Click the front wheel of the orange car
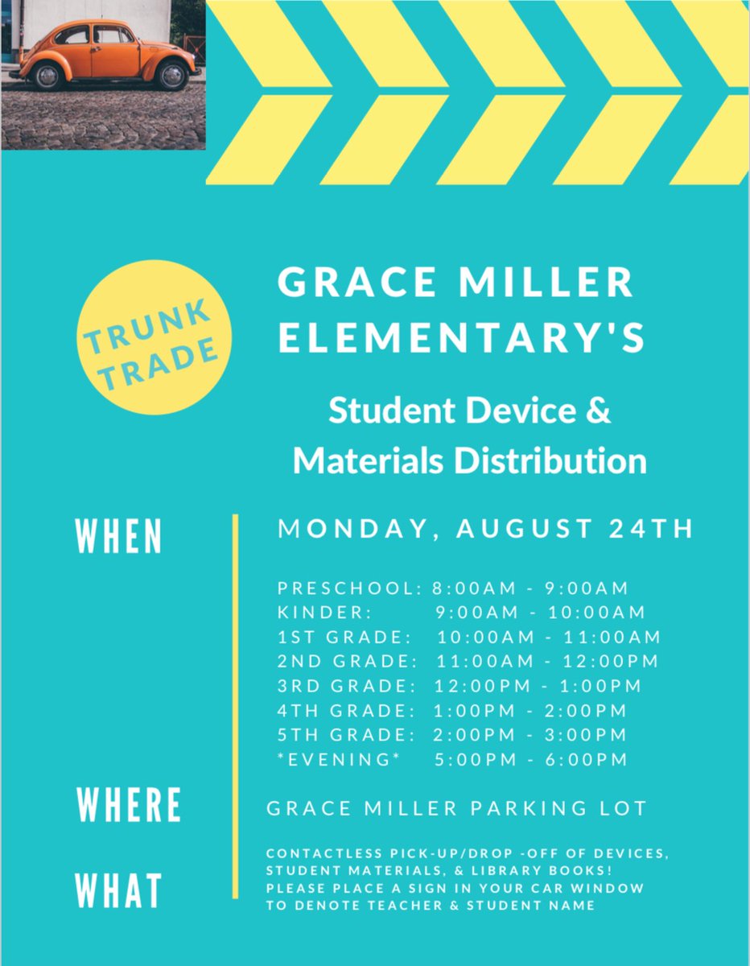click(x=171, y=76)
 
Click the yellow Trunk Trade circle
click(x=153, y=339)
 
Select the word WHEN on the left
click(x=119, y=536)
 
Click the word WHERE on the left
click(x=129, y=806)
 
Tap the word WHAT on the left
click(x=119, y=891)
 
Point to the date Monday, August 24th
click(x=485, y=530)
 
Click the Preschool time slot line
click(x=453, y=588)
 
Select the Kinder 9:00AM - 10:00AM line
click(x=461, y=613)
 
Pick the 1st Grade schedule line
click(x=468, y=638)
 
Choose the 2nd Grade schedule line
click(x=468, y=662)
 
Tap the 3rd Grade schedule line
click(x=459, y=687)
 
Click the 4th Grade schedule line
click(x=451, y=711)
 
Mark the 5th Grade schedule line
click(x=451, y=735)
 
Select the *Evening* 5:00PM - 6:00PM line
click(x=451, y=759)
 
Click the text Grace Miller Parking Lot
click(x=456, y=808)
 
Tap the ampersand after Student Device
click(x=596, y=411)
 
